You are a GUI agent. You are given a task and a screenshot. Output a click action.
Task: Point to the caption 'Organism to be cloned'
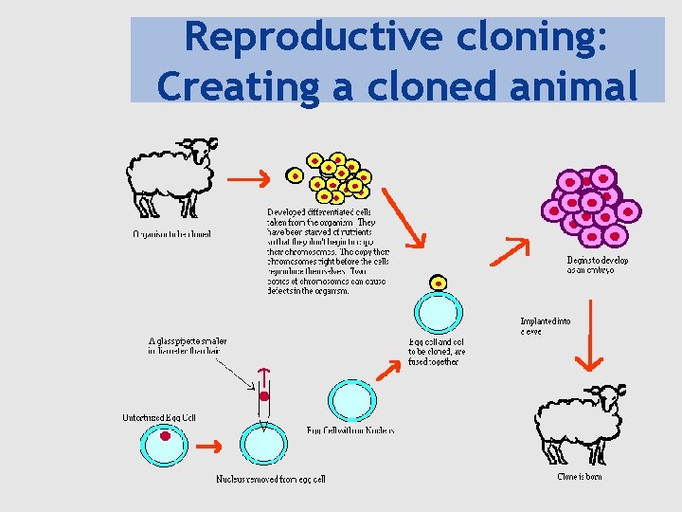click(x=171, y=233)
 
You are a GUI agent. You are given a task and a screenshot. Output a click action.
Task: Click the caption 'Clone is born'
click(x=579, y=476)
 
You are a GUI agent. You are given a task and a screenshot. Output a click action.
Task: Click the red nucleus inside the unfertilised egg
click(x=165, y=436)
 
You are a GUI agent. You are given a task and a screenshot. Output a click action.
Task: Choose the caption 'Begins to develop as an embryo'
click(x=598, y=265)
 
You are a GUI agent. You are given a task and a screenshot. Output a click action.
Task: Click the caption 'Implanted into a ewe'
click(x=546, y=326)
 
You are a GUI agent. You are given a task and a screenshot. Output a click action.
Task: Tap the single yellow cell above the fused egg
click(x=438, y=283)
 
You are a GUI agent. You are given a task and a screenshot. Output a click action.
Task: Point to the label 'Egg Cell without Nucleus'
click(x=350, y=430)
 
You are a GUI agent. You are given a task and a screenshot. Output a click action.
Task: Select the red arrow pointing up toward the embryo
click(x=509, y=248)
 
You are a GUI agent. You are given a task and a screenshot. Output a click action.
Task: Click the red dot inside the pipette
click(x=264, y=396)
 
